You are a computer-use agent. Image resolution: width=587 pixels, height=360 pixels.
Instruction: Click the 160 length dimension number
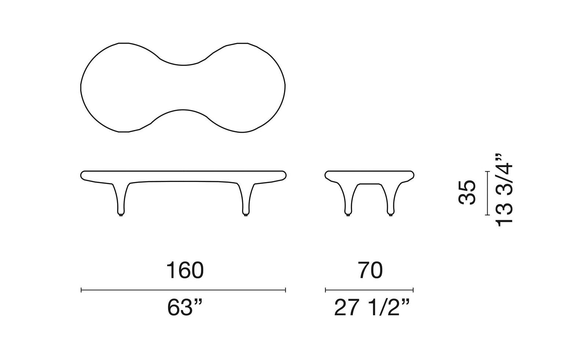coord(185,270)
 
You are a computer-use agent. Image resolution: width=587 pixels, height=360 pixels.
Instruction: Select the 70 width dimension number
coord(371,270)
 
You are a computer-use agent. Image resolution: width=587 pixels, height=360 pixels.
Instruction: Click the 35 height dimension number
coord(467,192)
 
